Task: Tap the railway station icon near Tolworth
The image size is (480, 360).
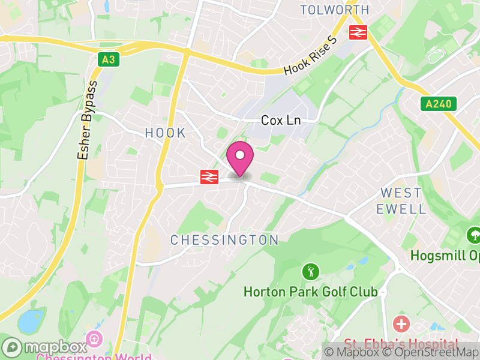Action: point(359,32)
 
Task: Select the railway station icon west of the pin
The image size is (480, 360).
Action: point(209,176)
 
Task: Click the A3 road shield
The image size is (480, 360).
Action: point(107,59)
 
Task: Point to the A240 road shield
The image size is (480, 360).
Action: point(438,104)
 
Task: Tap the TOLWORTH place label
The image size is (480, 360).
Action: point(334,10)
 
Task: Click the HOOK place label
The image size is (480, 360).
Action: point(166,133)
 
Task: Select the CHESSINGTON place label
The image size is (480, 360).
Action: point(225,240)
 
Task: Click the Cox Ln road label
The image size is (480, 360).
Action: point(281,121)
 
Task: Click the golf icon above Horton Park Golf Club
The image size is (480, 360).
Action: point(310,271)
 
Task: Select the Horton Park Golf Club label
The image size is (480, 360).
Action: point(310,292)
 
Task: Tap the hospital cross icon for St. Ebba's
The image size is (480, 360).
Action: point(401,325)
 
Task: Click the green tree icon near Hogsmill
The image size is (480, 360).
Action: point(474,235)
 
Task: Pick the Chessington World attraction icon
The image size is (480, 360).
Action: point(94,339)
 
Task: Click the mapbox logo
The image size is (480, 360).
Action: point(45,347)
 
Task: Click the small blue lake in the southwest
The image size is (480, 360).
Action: point(30,322)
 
